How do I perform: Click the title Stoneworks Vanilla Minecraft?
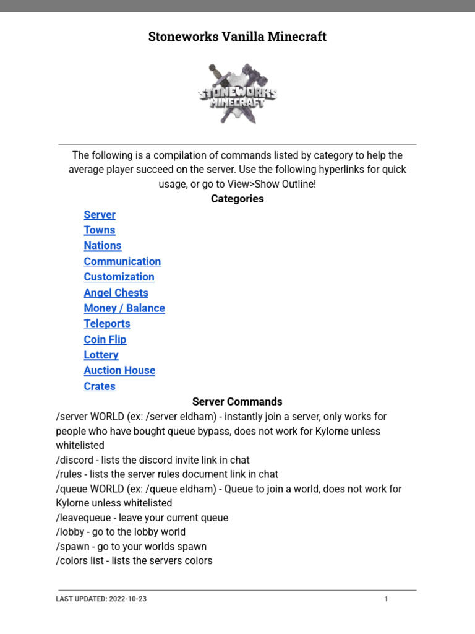point(237,37)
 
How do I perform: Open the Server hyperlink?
point(100,215)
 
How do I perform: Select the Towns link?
point(100,230)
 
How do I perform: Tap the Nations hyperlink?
point(103,246)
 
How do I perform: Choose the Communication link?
point(122,261)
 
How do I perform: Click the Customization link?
point(119,277)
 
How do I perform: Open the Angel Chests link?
point(116,293)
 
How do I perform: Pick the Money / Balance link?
point(124,308)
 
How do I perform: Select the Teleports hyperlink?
point(107,324)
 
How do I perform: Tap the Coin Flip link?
point(105,339)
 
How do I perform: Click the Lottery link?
point(101,355)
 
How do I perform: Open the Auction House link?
point(119,370)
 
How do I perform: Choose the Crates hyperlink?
point(100,386)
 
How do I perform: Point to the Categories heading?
point(237,199)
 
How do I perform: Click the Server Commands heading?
point(237,402)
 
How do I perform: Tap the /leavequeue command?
point(83,518)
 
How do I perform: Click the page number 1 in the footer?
point(386,599)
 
